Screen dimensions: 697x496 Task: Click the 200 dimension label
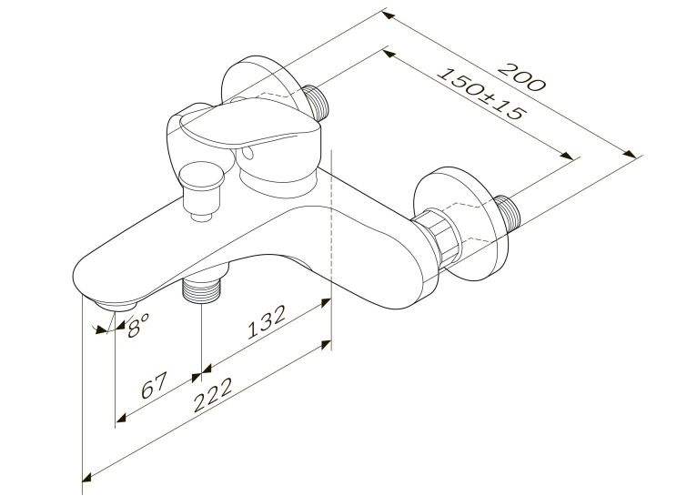pos(521,77)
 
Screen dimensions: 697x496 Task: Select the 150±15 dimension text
pos(481,95)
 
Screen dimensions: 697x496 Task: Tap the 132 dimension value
pos(266,322)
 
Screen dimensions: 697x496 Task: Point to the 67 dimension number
pos(154,385)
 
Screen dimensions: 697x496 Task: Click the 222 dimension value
pos(213,395)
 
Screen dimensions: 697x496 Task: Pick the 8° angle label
pos(137,325)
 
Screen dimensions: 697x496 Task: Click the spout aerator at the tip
pos(116,305)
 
